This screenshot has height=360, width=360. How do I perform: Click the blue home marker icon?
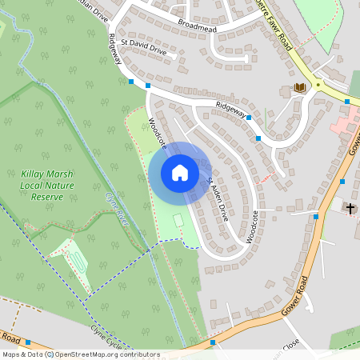tap(180, 172)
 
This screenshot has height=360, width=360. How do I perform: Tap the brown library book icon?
tap(300, 87)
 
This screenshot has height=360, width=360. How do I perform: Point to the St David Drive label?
tap(143, 50)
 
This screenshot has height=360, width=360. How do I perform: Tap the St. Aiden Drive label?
tap(218, 200)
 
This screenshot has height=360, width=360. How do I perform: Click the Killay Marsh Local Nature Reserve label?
tap(47, 185)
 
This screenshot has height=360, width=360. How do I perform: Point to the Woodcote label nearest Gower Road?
tap(254, 226)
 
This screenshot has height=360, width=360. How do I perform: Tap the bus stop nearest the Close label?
tap(214, 343)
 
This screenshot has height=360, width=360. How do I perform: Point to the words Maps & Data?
tap(22, 354)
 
